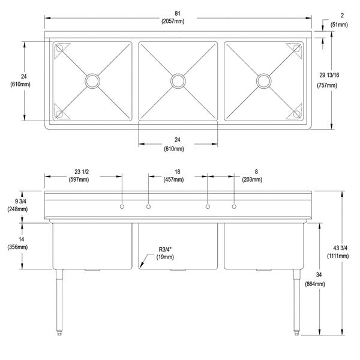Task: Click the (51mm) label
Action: (x=338, y=25)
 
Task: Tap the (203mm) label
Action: (x=253, y=179)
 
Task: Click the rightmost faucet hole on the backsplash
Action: (x=235, y=207)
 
